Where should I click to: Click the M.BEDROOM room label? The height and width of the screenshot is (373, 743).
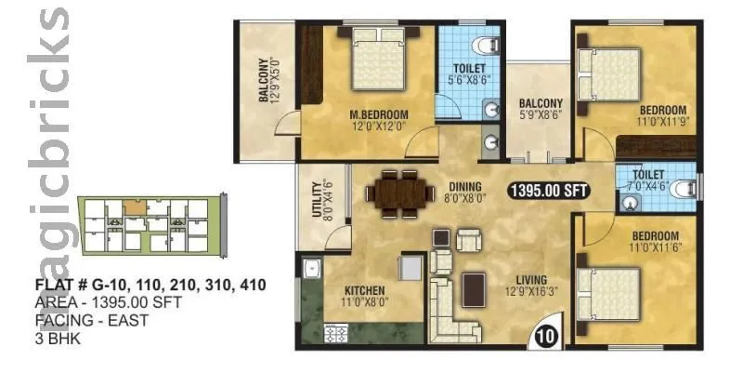tap(379, 115)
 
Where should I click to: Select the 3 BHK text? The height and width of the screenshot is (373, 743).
tap(58, 338)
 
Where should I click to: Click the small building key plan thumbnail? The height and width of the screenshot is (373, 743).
tap(150, 226)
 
